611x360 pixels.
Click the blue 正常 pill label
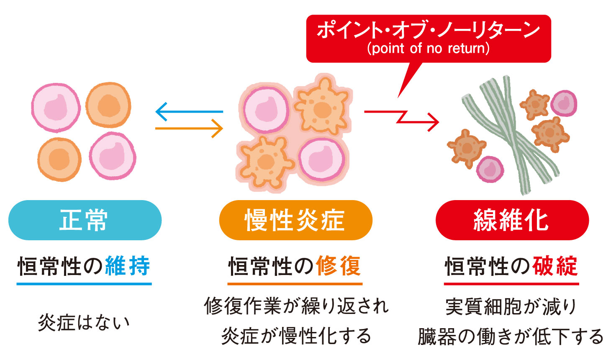point(85,220)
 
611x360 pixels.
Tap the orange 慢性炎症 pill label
point(295,220)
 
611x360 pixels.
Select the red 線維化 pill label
point(511,220)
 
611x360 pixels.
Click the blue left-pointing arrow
point(188,111)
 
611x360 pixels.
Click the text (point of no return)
point(428,49)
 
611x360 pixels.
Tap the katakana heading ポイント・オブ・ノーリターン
point(428,30)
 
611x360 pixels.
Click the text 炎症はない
point(84,322)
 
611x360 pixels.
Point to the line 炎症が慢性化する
point(296,336)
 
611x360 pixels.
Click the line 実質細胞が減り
point(511,306)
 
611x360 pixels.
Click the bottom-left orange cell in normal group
point(59,159)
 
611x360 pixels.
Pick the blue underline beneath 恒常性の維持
point(84,284)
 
